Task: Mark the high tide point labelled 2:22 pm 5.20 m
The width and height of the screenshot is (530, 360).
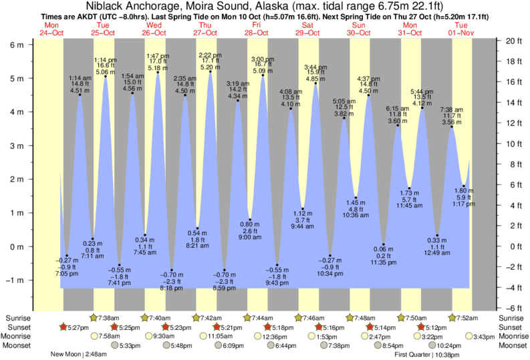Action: click(x=211, y=71)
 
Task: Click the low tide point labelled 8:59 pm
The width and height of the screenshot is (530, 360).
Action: click(x=224, y=271)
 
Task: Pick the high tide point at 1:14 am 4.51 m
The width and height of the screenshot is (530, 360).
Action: click(x=80, y=95)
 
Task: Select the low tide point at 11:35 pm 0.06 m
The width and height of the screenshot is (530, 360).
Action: click(x=384, y=244)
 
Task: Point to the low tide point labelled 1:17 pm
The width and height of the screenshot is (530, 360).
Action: click(x=464, y=186)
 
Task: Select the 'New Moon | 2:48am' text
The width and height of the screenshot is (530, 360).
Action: click(x=78, y=355)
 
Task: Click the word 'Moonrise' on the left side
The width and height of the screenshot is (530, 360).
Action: click(x=16, y=336)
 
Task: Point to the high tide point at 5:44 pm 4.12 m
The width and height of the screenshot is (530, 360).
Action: click(x=422, y=108)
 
